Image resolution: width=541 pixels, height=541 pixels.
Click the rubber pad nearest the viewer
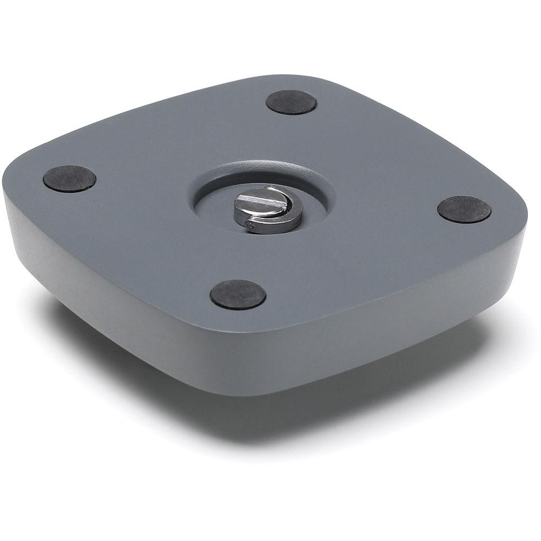[x=237, y=294]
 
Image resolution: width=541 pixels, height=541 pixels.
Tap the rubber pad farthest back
[x=291, y=102]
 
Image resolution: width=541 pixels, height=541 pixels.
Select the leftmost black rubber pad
[x=69, y=178]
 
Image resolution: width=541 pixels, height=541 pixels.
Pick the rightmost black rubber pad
[x=464, y=209]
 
